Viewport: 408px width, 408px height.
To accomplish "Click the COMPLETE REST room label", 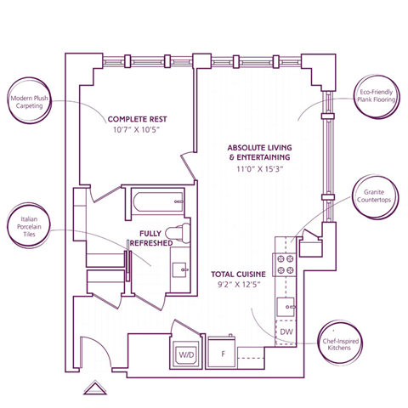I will coord(134,118).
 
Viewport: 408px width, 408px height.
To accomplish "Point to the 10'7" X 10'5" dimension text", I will coord(134,131).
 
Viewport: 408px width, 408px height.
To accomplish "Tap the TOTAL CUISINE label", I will coord(239,274).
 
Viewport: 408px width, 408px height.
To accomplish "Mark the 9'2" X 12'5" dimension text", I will coord(239,286).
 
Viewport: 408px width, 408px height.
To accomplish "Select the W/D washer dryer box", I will coord(186,354).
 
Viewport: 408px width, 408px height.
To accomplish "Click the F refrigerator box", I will coord(223,353).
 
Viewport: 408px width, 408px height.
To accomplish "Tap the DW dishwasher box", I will coord(286,331).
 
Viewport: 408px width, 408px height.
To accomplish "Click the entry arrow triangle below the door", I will coord(93,388).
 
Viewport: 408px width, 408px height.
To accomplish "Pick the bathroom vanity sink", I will coord(181,268).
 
